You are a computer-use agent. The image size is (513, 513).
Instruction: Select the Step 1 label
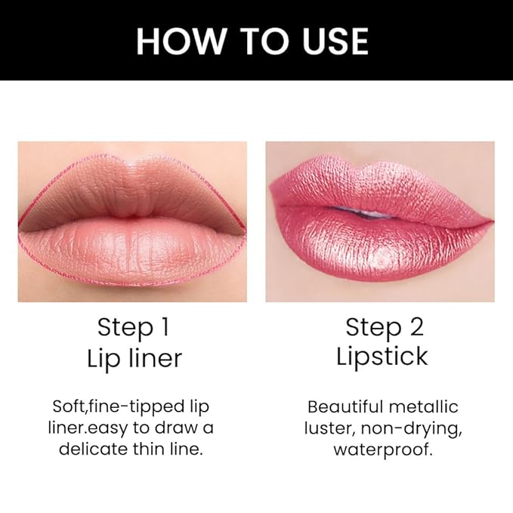point(132,327)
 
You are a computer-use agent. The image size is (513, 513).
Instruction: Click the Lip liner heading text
point(132,358)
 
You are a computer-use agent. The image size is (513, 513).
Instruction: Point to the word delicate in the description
point(94,449)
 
